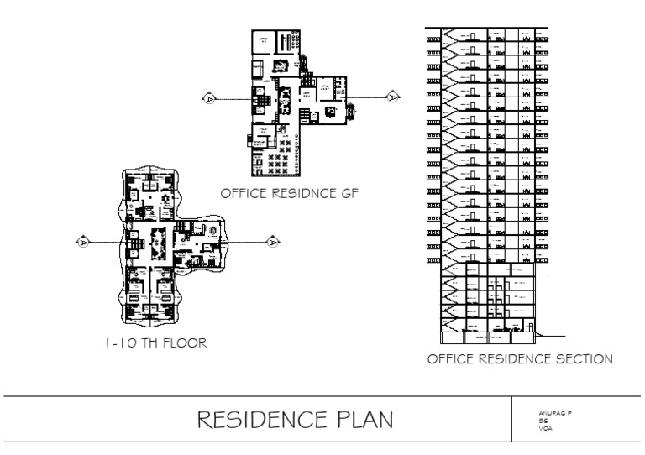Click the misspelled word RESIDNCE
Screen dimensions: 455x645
(302, 193)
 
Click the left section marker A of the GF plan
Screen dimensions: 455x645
(207, 98)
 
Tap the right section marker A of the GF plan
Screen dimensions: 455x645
(393, 98)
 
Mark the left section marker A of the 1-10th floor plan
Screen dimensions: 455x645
(82, 242)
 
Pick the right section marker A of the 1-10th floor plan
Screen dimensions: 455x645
(272, 242)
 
